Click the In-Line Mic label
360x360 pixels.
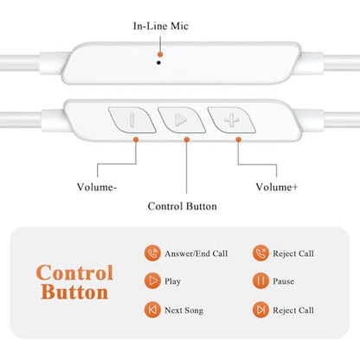pyautogui.click(x=161, y=26)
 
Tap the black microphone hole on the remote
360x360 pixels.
pyautogui.click(x=158, y=62)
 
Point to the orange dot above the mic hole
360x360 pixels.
pyautogui.click(x=160, y=55)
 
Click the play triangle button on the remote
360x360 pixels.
pyautogui.click(x=182, y=119)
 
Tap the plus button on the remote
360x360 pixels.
pyautogui.click(x=231, y=119)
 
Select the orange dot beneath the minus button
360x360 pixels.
pyautogui.click(x=136, y=139)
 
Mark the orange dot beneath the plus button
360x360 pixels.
pyautogui.click(x=238, y=139)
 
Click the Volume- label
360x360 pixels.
pyautogui.click(x=97, y=187)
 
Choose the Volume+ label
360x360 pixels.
pyautogui.click(x=277, y=187)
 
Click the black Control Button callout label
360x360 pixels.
pyautogui.click(x=183, y=206)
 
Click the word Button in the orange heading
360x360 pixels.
pyautogui.click(x=74, y=292)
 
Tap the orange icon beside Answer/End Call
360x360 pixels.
pyautogui.click(x=152, y=254)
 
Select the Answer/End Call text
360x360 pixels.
pyautogui.click(x=196, y=254)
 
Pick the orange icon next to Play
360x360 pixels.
pyautogui.click(x=152, y=280)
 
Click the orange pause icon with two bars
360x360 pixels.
pyautogui.click(x=260, y=280)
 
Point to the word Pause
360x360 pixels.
pyautogui.click(x=284, y=281)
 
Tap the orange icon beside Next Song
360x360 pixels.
pyautogui.click(x=152, y=310)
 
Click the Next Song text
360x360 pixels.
pyautogui.click(x=184, y=311)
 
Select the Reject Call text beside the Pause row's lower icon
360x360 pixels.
pyautogui.click(x=293, y=311)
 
